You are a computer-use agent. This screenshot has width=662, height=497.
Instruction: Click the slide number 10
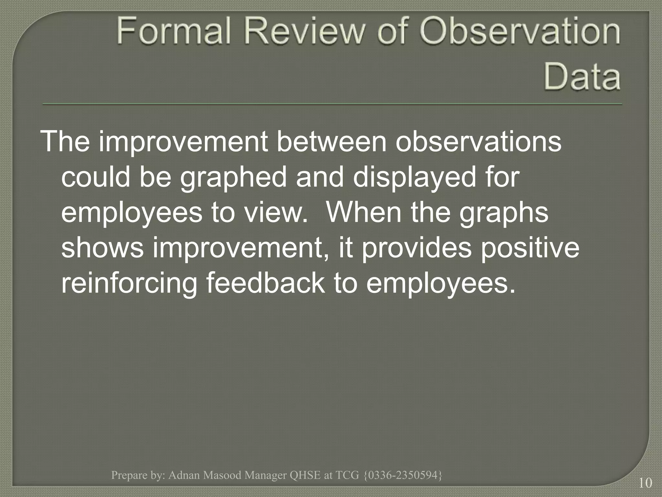tap(645, 483)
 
